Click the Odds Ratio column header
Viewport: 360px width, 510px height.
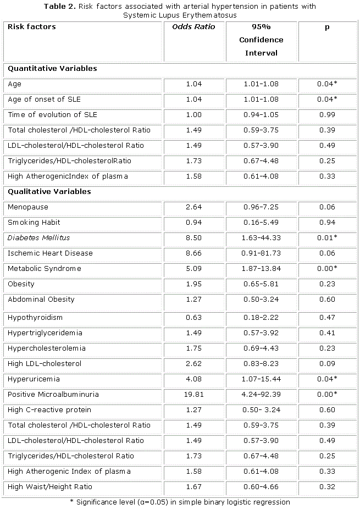pyautogui.click(x=194, y=27)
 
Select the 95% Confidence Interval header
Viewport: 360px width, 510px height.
pyautogui.click(x=261, y=40)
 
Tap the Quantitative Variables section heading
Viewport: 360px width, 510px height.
pyautogui.click(x=52, y=69)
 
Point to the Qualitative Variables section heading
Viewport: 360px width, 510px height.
pyautogui.click(x=49, y=192)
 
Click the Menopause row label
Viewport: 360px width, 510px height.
pyautogui.click(x=28, y=207)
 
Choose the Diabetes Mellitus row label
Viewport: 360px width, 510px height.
pyautogui.click(x=39, y=238)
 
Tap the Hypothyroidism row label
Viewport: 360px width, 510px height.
pyautogui.click(x=35, y=317)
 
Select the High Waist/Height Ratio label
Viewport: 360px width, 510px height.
pyautogui.click(x=50, y=486)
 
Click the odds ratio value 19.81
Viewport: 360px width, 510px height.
pyautogui.click(x=194, y=394)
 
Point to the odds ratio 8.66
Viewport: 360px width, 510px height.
pyautogui.click(x=194, y=253)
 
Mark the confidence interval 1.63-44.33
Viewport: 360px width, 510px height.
pyautogui.click(x=261, y=238)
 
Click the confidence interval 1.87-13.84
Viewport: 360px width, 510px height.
pyautogui.click(x=261, y=269)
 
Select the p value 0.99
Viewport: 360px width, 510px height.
pyautogui.click(x=326, y=115)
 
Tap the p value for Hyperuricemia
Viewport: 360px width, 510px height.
pyautogui.click(x=326, y=379)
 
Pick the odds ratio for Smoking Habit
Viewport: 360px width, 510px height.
pyautogui.click(x=194, y=223)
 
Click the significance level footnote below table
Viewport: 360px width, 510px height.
pyautogui.click(x=180, y=502)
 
